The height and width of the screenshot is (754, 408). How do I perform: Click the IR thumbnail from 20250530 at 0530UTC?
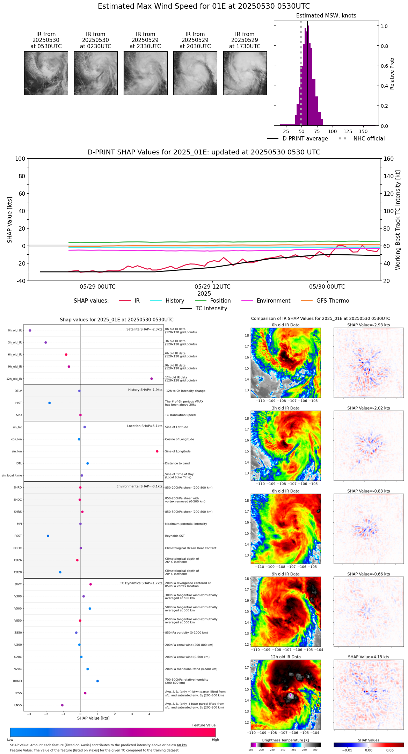(46, 73)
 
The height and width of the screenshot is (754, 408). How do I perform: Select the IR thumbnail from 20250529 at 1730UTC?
(245, 73)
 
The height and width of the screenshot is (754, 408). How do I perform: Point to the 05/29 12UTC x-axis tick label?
(212, 287)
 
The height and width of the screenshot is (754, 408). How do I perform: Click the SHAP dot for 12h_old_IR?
(152, 379)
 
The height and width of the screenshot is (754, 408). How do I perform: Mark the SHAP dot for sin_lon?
(157, 451)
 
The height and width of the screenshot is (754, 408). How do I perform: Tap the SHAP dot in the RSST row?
(48, 536)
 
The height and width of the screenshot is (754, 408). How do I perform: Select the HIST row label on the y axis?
(19, 403)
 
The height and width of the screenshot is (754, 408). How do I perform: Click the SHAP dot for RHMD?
(97, 681)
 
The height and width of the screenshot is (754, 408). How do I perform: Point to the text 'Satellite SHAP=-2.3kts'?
(144, 329)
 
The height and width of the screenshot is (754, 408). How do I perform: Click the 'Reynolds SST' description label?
(175, 536)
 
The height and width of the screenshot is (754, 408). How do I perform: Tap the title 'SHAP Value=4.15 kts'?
(369, 657)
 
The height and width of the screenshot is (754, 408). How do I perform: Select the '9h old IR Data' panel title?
(285, 574)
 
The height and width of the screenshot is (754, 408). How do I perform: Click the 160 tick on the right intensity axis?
(388, 159)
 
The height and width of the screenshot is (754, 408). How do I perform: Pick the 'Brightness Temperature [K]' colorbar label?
(285, 740)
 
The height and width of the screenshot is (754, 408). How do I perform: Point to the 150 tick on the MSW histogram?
(363, 132)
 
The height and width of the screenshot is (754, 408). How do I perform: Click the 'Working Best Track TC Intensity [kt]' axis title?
(398, 220)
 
